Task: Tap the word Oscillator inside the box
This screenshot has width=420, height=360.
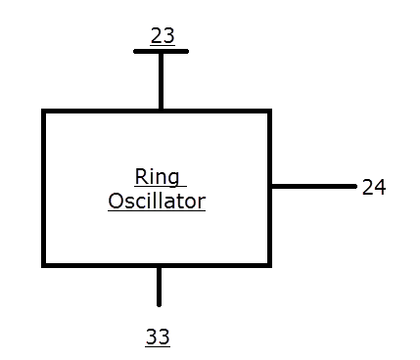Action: tap(157, 202)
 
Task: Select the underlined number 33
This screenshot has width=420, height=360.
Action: tap(158, 337)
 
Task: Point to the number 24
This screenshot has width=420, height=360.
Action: tap(372, 186)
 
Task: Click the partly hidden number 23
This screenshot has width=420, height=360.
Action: tap(163, 37)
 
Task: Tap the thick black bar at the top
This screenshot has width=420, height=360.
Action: tap(163, 28)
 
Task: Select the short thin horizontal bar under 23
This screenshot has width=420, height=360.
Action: tap(161, 51)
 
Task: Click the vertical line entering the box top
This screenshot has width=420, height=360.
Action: tap(161, 80)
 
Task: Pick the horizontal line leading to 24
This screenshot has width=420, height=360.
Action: tap(313, 186)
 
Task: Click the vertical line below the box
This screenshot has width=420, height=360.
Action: tap(159, 286)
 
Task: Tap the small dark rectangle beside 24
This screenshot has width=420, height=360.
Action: tap(389, 185)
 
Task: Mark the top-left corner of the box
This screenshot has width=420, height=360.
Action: tap(44, 112)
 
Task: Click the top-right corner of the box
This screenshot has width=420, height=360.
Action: tap(269, 112)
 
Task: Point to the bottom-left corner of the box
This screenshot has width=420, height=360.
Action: tap(44, 264)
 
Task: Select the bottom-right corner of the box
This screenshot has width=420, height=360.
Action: tap(269, 264)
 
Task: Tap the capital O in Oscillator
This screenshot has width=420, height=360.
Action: tap(116, 202)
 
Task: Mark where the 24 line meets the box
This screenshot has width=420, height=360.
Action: tap(270, 186)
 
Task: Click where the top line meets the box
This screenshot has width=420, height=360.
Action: tap(161, 111)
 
